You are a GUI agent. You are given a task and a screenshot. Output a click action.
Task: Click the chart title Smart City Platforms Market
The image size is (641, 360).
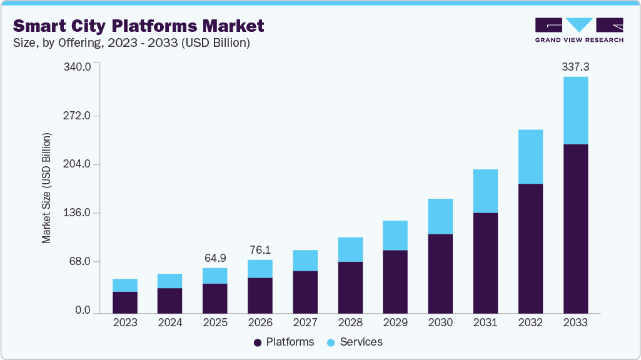pos(139,26)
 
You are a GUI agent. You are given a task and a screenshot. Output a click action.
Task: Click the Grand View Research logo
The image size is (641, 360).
pos(579,30)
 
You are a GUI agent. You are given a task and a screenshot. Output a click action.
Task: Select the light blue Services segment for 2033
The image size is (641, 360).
pos(575,111)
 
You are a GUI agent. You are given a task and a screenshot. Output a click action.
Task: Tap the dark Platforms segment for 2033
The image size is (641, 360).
pos(575,229)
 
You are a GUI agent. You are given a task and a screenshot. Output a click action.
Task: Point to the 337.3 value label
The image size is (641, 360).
pos(575,66)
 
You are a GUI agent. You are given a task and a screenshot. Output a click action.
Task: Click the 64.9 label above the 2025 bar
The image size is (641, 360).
pos(215,257)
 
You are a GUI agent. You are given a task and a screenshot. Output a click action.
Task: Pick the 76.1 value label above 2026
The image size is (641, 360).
pos(260,249)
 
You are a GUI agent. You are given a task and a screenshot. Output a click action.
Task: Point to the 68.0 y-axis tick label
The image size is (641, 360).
pos(80,261)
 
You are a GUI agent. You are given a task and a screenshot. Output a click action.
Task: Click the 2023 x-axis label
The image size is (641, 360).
pos(124,323)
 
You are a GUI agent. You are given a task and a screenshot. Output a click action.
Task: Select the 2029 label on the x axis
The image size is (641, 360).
pos(395,323)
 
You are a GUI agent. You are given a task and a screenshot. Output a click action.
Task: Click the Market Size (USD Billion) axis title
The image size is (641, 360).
pos(47,188)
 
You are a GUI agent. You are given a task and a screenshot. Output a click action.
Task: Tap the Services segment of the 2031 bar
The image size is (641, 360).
pos(485,191)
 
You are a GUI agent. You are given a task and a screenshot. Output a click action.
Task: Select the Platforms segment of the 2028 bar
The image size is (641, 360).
pos(350,287)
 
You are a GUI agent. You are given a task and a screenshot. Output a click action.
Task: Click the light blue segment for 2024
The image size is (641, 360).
pos(170,281)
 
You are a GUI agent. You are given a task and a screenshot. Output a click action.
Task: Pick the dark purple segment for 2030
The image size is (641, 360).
pos(440,274)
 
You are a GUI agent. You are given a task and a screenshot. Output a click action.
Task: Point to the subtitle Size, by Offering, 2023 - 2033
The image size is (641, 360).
pos(131,43)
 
